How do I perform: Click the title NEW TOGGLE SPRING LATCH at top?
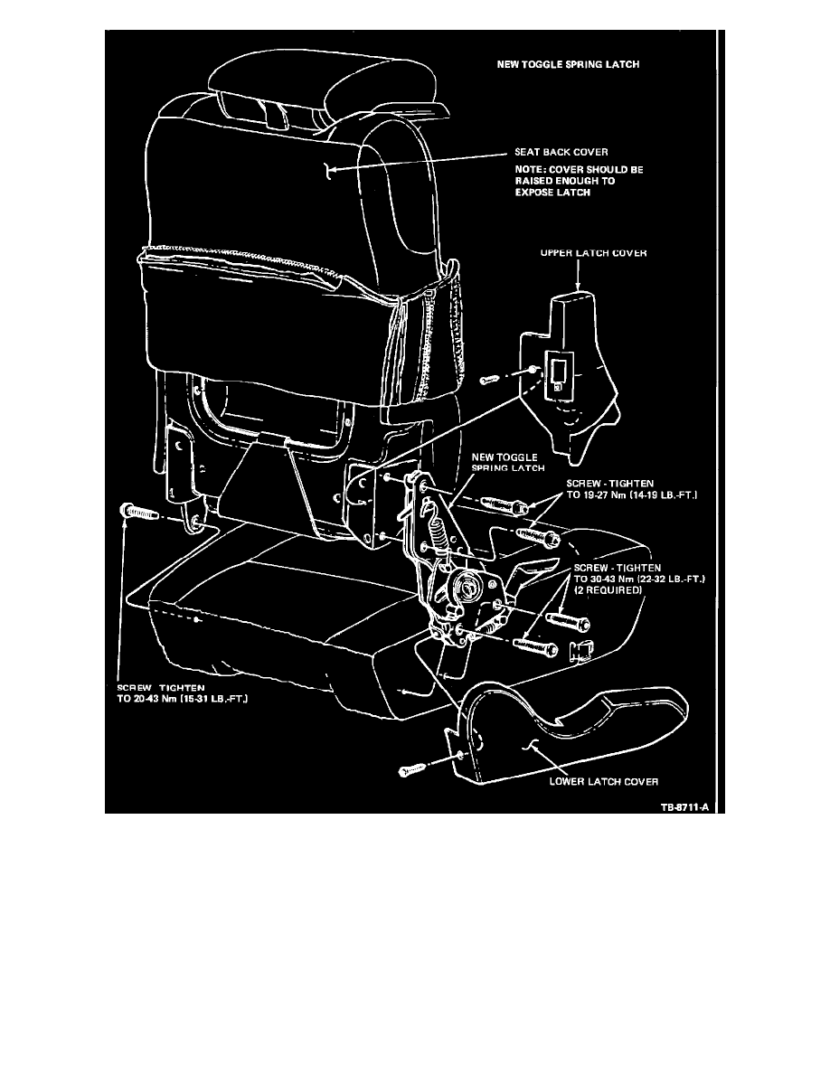(568, 64)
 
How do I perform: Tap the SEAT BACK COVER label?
(561, 152)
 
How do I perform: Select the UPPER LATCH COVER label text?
(593, 253)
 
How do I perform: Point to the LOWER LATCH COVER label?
(603, 781)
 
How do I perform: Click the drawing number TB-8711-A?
(684, 807)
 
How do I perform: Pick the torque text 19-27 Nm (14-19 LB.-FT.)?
(631, 495)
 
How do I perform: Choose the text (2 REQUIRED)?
(608, 589)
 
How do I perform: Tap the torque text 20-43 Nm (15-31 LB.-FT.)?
(182, 699)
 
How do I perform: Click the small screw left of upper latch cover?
(490, 379)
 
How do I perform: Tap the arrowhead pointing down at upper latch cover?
(578, 287)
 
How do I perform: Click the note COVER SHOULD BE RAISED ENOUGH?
(579, 181)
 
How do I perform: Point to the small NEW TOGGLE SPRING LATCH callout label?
(508, 462)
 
